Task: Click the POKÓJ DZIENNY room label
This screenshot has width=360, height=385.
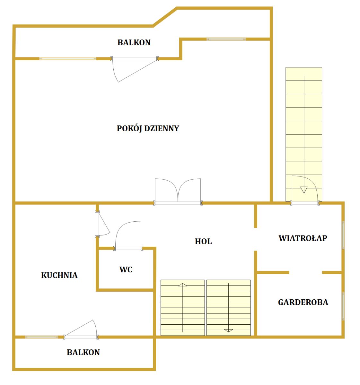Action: click(148, 129)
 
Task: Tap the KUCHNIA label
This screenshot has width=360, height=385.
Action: click(59, 275)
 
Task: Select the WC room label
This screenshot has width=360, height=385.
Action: click(126, 269)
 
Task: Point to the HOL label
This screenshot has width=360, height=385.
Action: click(203, 242)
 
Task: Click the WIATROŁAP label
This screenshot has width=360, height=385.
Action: click(303, 238)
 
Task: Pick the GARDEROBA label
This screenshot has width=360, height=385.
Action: click(303, 303)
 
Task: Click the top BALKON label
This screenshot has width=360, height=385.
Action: click(134, 43)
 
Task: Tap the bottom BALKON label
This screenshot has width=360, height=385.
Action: click(83, 352)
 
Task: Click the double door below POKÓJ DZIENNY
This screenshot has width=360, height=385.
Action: click(178, 191)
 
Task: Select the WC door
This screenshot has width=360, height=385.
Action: click(128, 235)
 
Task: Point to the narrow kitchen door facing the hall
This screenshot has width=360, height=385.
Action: click(102, 224)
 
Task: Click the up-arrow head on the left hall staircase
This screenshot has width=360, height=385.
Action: click(183, 285)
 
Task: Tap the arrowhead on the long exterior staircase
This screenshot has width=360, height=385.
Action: click(304, 190)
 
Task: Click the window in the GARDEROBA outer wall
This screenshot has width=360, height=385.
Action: click(343, 306)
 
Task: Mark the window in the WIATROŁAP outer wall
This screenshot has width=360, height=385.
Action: click(343, 235)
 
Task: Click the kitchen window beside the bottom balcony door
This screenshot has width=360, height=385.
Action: click(41, 337)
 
